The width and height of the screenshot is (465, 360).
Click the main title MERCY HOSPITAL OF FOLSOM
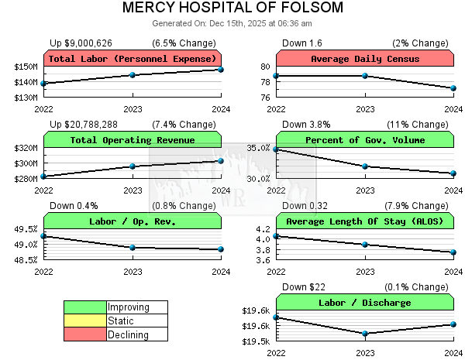click(x=232, y=9)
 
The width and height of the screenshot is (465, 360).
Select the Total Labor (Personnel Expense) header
click(x=133, y=59)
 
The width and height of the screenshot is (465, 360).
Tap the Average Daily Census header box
click(x=365, y=59)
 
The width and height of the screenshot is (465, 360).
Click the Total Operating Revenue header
click(x=133, y=140)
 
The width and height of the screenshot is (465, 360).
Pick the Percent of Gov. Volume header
click(x=365, y=140)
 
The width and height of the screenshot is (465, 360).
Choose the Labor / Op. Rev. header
click(x=133, y=221)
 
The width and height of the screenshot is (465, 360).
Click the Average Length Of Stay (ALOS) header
click(x=365, y=221)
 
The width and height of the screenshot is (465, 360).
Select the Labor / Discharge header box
click(x=365, y=303)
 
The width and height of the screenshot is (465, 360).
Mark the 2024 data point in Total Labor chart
click(x=221, y=70)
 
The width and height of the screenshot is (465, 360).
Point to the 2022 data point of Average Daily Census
click(x=276, y=75)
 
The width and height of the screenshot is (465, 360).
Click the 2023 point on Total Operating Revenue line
click(x=133, y=166)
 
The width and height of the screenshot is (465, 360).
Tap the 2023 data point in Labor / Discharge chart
click(x=365, y=334)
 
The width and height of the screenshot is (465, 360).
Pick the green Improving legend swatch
click(x=84, y=307)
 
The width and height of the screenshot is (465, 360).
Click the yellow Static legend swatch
click(x=84, y=321)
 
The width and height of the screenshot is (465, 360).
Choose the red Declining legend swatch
click(x=84, y=335)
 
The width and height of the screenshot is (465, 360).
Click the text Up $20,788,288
click(x=84, y=124)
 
